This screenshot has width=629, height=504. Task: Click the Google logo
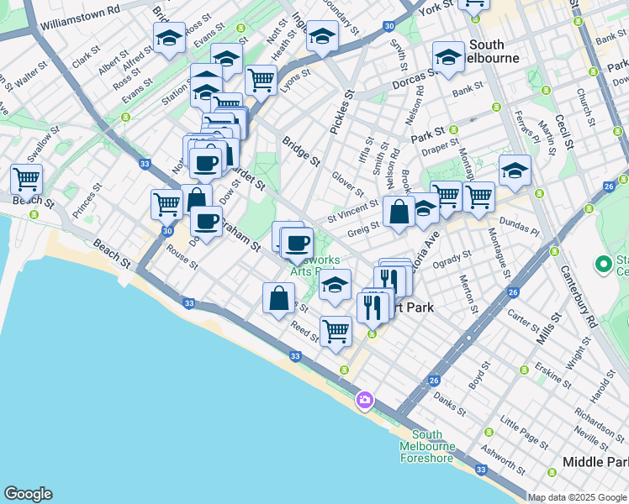click(28, 494)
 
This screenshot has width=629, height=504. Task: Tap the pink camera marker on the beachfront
click(364, 399)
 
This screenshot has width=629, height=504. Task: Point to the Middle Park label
click(595, 463)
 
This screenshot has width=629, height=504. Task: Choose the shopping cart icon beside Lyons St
click(262, 80)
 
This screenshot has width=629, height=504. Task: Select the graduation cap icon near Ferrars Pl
click(515, 171)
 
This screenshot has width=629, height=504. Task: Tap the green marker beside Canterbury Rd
click(602, 265)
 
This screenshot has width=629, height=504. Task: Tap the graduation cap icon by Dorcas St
click(448, 56)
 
